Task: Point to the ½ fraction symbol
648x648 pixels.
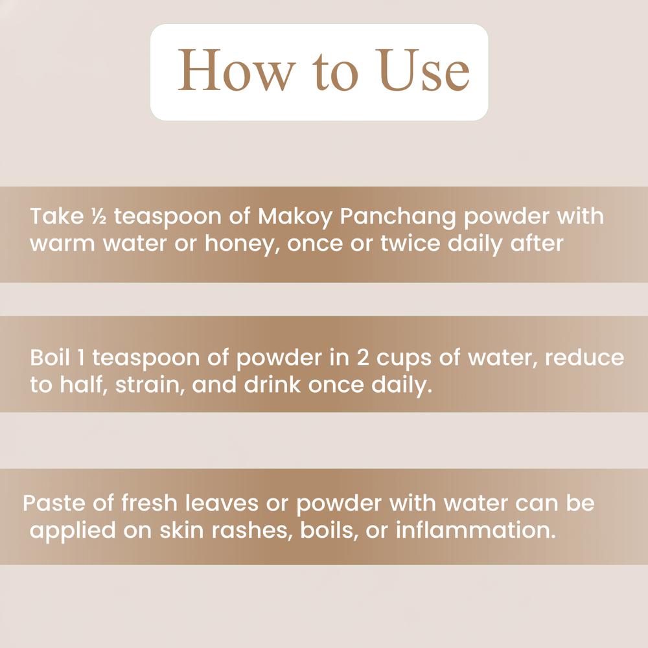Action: point(91,216)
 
